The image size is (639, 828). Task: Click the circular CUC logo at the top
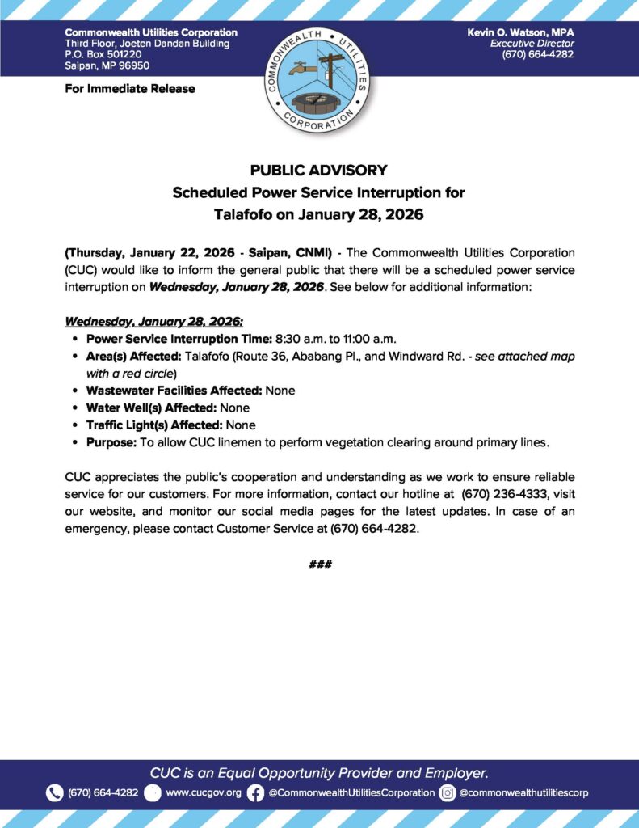click(x=319, y=79)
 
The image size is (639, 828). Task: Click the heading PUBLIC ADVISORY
click(x=318, y=171)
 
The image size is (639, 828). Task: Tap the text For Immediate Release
click(x=130, y=88)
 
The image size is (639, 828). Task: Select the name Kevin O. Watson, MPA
click(x=520, y=32)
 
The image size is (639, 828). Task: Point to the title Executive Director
click(x=532, y=43)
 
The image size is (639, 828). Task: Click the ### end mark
click(x=320, y=564)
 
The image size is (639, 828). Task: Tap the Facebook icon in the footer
click(x=255, y=792)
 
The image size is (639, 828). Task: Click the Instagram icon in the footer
click(x=447, y=792)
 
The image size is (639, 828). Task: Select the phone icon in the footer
click(x=55, y=792)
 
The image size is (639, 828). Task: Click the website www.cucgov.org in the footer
click(x=204, y=792)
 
